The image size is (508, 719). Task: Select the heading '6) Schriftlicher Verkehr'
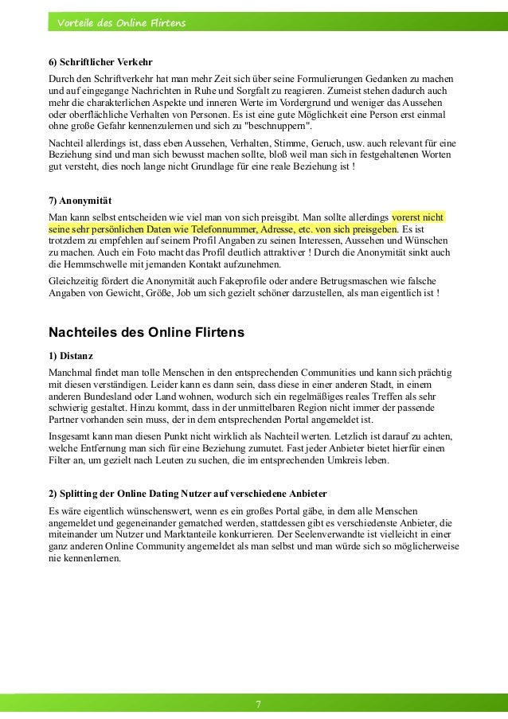pyautogui.click(x=100, y=62)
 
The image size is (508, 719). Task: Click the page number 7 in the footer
pyautogui.click(x=258, y=704)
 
